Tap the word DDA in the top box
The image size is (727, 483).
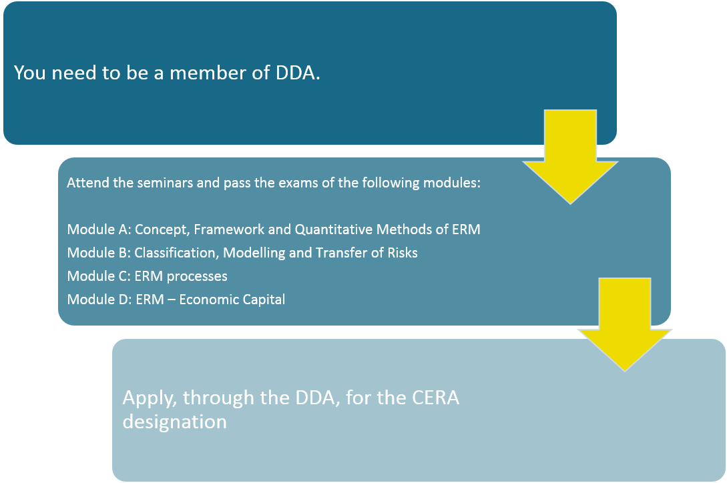[295, 73]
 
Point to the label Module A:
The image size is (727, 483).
[99, 229]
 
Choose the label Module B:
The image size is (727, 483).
[99, 253]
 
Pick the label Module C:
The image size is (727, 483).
[99, 276]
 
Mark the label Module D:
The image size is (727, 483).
[99, 300]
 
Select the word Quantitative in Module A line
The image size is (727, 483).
[334, 229]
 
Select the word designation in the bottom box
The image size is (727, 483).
[175, 422]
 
